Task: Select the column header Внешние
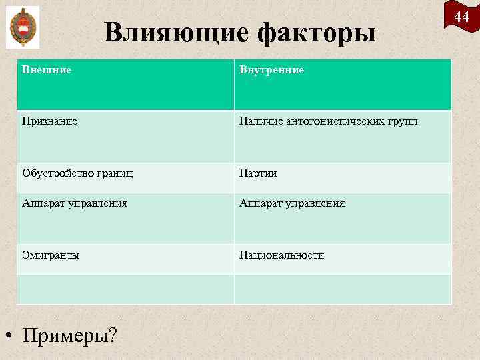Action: [x=47, y=69]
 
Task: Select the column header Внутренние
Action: [x=273, y=69]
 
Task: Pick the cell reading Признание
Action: [x=50, y=121]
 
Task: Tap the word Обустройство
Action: [x=58, y=173]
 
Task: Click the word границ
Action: [x=115, y=173]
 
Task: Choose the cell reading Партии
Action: [x=259, y=173]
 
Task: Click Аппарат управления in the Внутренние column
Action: [x=293, y=203]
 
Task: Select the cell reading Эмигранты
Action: [x=51, y=255]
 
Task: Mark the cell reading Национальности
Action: [x=283, y=255]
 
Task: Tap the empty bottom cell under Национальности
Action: [x=343, y=289]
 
